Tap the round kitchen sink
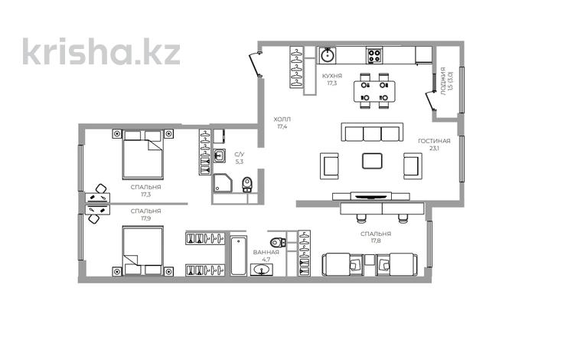tap(328, 56)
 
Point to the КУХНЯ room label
tap(331, 75)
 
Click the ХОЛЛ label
tap(282, 119)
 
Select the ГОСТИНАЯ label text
tap(434, 141)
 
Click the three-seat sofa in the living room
tap(372, 133)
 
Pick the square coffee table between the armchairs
tap(373, 162)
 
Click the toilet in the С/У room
tap(246, 185)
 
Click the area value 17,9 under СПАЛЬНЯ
tap(145, 218)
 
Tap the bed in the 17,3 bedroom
tap(143, 152)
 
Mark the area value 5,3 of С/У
tap(239, 162)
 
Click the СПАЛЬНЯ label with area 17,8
tap(376, 234)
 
